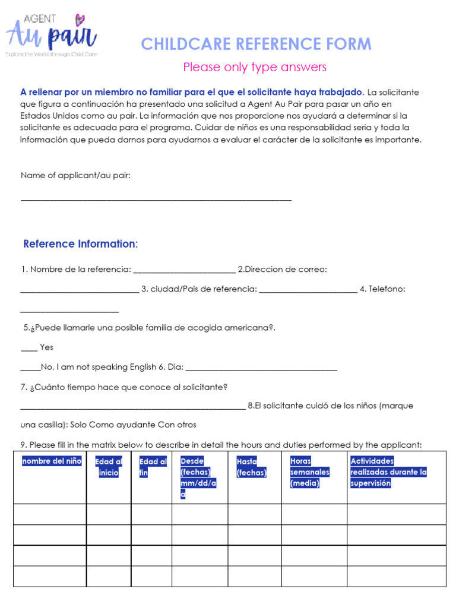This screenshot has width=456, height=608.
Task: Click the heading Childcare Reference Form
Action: tap(256, 44)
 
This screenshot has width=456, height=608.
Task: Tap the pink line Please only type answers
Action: tap(255, 67)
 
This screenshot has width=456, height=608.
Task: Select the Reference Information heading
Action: tap(80, 244)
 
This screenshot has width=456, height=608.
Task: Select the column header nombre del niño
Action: tap(52, 461)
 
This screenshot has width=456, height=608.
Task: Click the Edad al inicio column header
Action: tap(109, 467)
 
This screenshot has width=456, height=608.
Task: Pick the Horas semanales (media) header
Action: tap(309, 472)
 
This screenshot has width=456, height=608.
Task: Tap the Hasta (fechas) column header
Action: tap(251, 467)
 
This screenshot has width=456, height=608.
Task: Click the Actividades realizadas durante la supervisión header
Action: tap(388, 472)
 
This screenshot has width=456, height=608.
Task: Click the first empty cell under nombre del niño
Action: tap(50, 514)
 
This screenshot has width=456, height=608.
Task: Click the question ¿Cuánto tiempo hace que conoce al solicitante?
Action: tap(124, 388)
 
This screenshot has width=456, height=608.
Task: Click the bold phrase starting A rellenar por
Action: tap(192, 93)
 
